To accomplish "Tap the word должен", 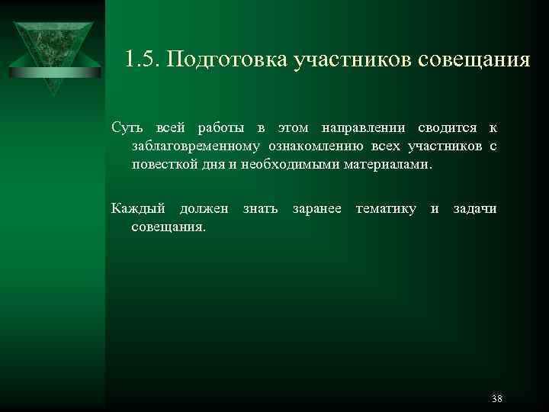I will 204,208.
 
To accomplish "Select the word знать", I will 260,208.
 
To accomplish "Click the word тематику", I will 386,208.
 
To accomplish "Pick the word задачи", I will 474,208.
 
